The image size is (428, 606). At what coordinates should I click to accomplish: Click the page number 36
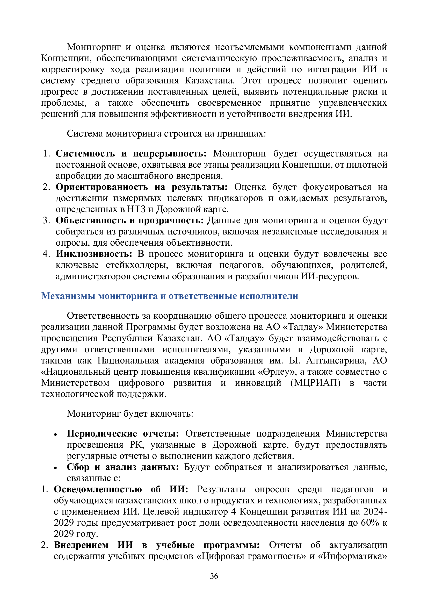click(x=214, y=576)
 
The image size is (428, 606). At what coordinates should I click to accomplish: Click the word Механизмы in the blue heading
click(x=68, y=296)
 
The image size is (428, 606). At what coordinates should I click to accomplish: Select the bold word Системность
click(x=85, y=153)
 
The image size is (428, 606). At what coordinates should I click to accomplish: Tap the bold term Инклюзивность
click(x=94, y=254)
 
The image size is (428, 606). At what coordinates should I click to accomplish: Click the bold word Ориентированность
click(x=102, y=187)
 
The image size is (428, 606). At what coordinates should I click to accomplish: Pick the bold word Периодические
click(x=102, y=434)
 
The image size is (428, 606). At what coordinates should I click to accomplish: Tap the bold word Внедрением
click(x=81, y=545)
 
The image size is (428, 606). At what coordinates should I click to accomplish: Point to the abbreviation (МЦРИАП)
click(x=315, y=383)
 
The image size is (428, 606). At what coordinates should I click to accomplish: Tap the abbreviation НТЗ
click(x=136, y=209)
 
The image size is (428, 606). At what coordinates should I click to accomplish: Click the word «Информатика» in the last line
click(x=355, y=556)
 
